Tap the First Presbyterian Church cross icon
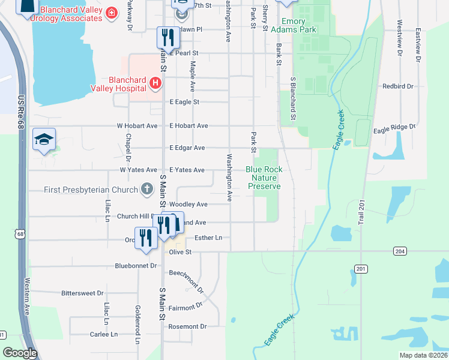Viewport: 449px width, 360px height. pos(146,190)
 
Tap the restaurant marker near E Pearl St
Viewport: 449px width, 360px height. pos(167,38)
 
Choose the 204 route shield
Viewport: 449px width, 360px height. pos(399,250)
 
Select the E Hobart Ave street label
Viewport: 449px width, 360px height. pos(188,126)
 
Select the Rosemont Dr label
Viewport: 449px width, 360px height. pos(187,326)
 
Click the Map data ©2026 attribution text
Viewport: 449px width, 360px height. pos(423,355)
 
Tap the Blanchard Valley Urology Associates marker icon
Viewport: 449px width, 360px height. pos(111,13)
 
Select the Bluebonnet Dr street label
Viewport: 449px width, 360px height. pos(136,265)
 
